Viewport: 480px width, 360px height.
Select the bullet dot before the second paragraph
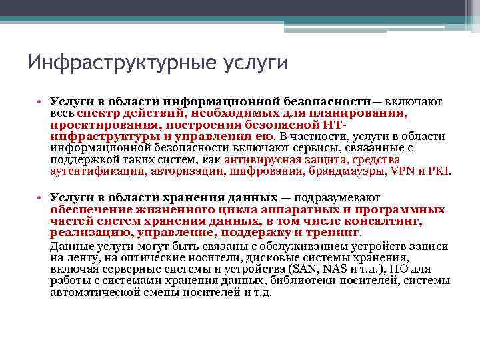coord(41,198)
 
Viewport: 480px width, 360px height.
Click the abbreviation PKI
coord(440,171)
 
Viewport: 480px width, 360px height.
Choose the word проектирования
coord(91,125)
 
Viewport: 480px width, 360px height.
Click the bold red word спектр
coord(97,113)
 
